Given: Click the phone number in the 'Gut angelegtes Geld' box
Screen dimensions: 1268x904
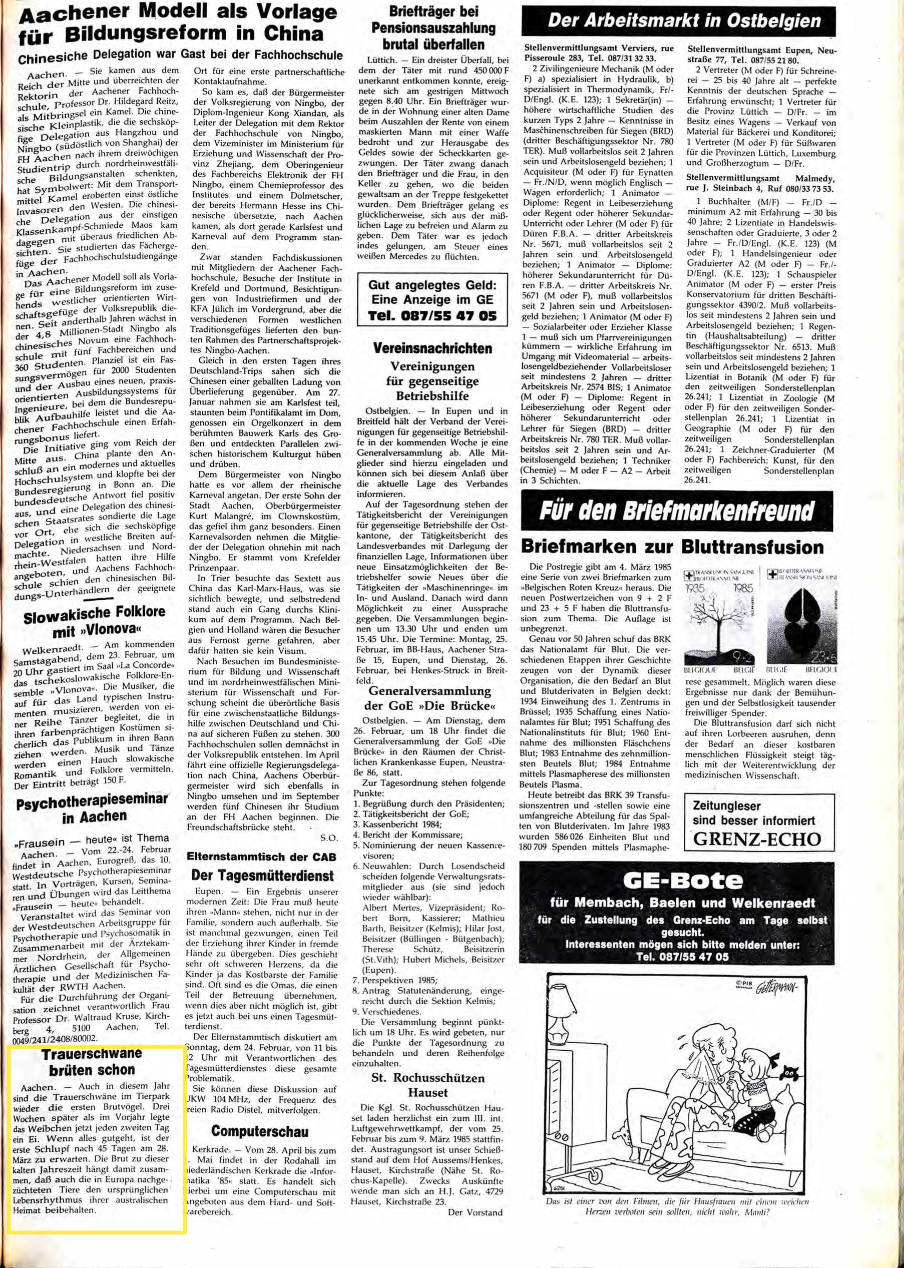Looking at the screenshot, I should click(431, 316).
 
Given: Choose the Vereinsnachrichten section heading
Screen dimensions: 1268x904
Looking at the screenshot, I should click(432, 348).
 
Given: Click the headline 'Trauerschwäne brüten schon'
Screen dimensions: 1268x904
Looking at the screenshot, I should click(92, 1061).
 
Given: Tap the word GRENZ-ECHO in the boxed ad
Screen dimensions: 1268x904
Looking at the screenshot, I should click(757, 839).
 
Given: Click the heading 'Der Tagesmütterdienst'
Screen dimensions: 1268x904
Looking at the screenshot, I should click(262, 875).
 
